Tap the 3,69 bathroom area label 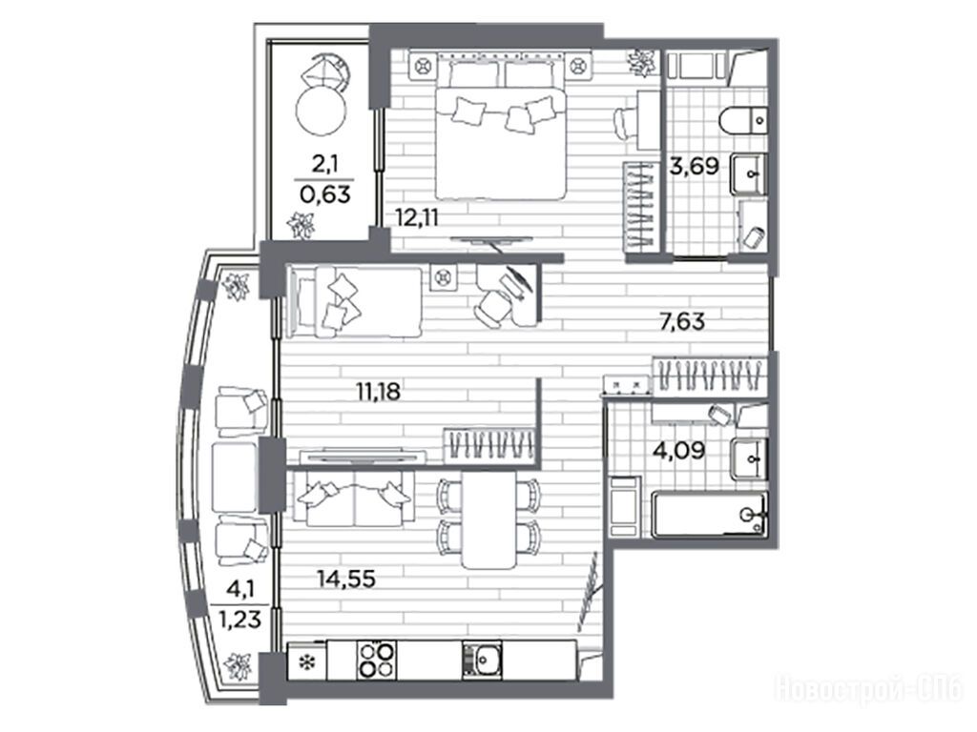tap(695, 166)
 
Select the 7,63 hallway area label tap(682, 321)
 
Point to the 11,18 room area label tap(378, 392)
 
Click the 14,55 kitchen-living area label tap(346, 579)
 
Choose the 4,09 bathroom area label tap(679, 450)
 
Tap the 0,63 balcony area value tap(325, 194)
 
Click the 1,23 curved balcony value tap(239, 620)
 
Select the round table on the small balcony tap(321, 111)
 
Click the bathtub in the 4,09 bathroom tap(709, 514)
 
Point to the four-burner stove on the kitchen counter tap(377, 660)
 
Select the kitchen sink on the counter tap(482, 660)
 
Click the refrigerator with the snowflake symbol tap(306, 661)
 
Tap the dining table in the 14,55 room tap(489, 519)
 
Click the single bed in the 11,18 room tap(354, 302)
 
